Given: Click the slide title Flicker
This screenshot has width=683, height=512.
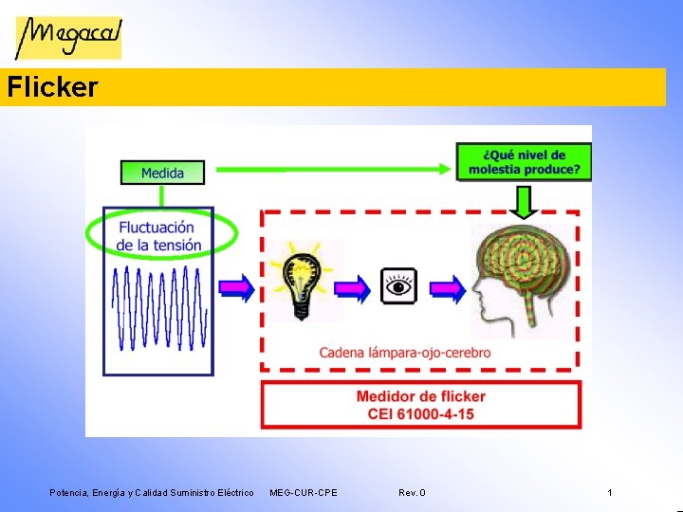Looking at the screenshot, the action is click(51, 88).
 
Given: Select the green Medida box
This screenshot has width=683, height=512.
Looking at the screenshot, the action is click(162, 173).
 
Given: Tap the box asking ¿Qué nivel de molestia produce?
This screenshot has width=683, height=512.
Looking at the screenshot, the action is click(524, 162).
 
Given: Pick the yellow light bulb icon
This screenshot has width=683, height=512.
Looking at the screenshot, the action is click(301, 279).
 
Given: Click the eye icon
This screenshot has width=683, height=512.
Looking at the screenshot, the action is click(398, 285).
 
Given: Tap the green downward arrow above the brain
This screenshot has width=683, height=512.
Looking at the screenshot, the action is click(524, 200).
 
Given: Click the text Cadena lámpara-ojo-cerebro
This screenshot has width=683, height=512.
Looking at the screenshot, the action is click(405, 353).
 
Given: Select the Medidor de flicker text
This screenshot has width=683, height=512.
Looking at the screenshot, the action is click(420, 396).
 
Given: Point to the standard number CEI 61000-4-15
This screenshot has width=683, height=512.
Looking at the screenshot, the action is click(420, 413).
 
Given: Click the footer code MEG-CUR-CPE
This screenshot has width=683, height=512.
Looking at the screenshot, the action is click(303, 493).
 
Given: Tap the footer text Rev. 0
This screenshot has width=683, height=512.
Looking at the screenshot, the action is click(412, 493).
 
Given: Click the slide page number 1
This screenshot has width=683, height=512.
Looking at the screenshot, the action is click(609, 493).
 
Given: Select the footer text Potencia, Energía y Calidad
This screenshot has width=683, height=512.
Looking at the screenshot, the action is click(152, 493).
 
